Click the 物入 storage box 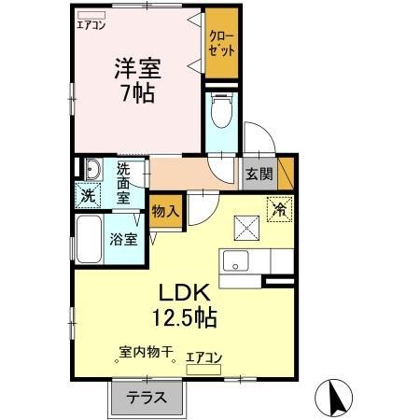coord(165,211)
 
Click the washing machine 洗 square coord(88,196)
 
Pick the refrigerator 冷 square coord(279,210)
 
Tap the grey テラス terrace coord(148,397)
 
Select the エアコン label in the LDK coord(203,357)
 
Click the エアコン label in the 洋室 coord(91,25)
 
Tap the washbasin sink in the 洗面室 coord(92,169)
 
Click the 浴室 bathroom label coord(123,238)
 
